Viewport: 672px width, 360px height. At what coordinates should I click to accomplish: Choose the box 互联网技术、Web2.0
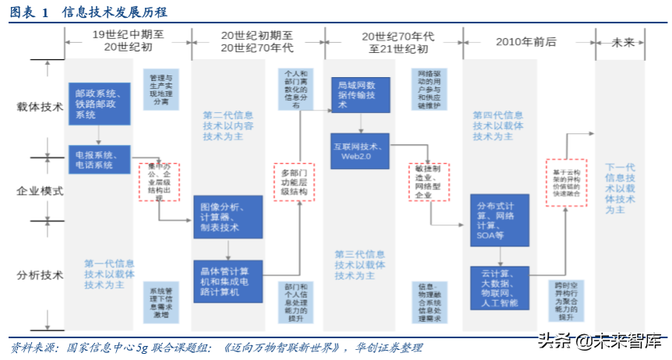[359, 150]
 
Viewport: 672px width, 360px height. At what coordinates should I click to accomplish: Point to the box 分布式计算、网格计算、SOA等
[498, 220]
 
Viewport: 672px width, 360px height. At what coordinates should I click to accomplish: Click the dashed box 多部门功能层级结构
[294, 182]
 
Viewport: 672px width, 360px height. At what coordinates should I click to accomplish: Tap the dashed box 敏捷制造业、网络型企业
[429, 182]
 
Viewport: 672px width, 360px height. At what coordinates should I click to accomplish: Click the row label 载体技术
[40, 108]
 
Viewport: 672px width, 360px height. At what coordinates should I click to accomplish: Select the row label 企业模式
[40, 190]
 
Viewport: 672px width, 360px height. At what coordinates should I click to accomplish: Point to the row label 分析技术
[40, 274]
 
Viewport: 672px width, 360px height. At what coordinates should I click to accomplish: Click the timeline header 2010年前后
[526, 41]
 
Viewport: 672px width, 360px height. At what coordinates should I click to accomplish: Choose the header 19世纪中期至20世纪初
[128, 41]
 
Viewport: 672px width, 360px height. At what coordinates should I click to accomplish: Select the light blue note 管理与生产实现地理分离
[161, 91]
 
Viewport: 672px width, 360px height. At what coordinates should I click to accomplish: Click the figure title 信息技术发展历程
[114, 12]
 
